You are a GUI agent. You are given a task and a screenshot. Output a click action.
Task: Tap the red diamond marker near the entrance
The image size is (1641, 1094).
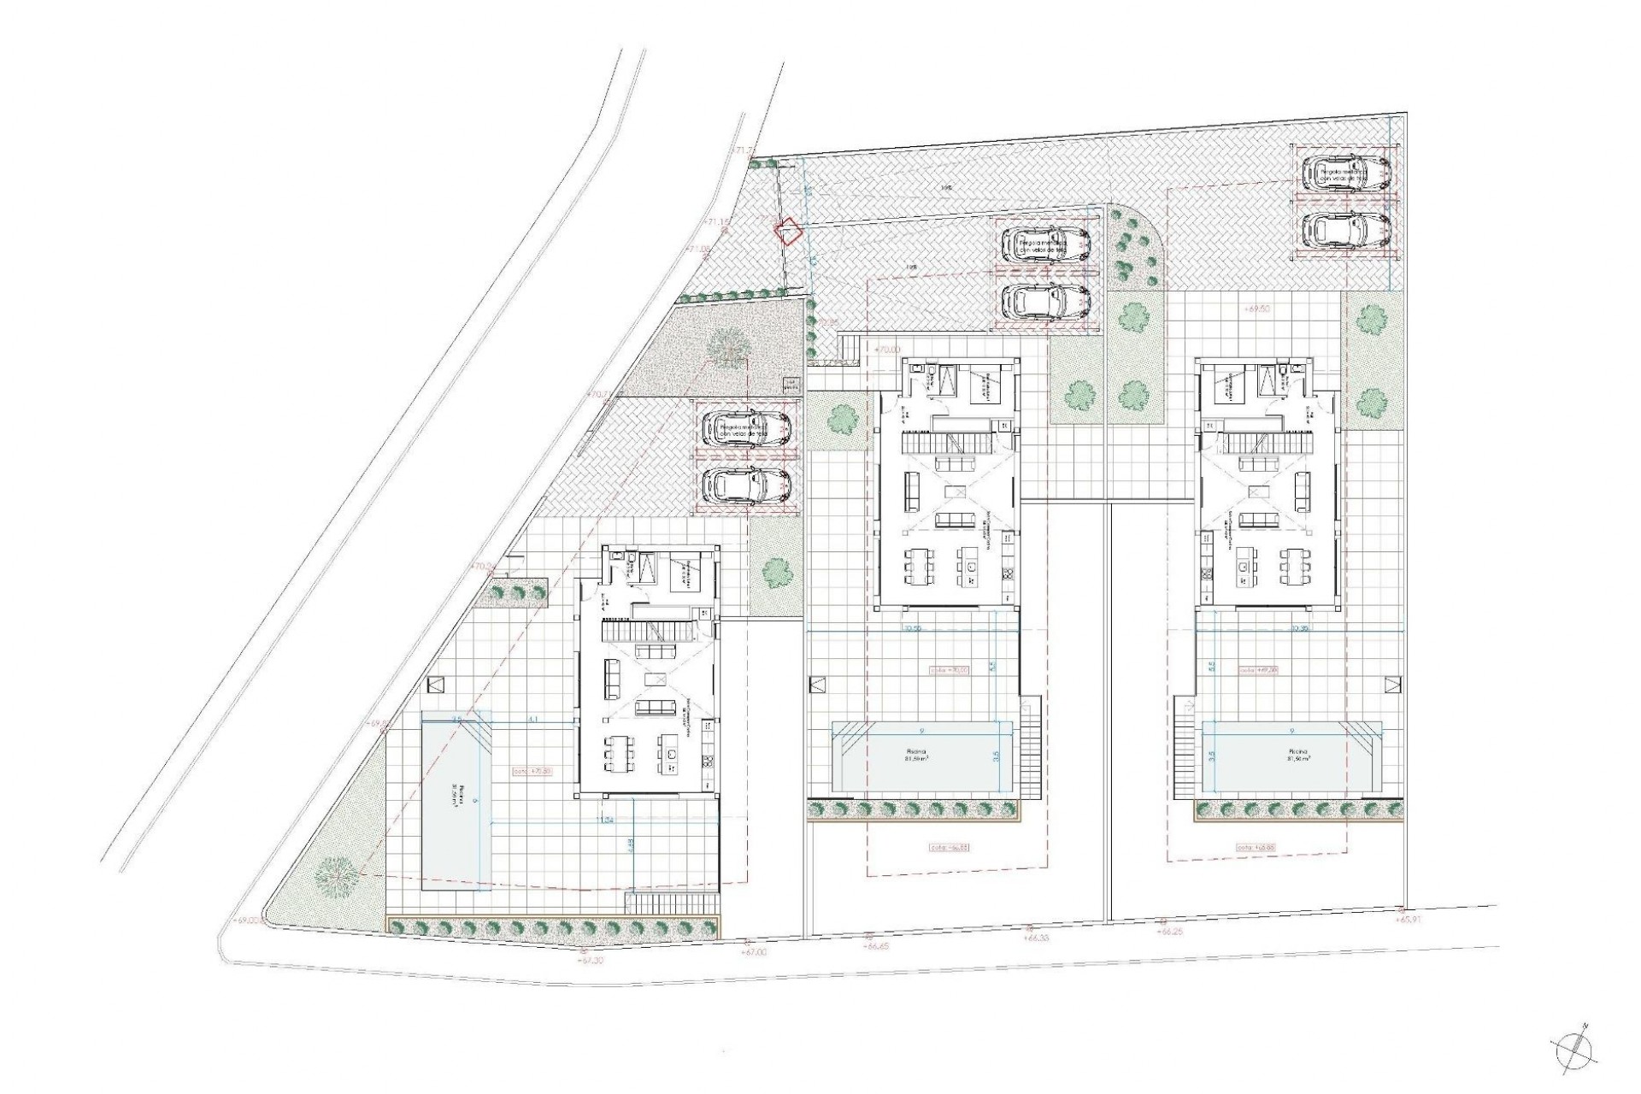pyautogui.click(x=787, y=232)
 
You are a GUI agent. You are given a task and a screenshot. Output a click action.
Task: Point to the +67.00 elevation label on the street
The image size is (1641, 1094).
pyautogui.click(x=754, y=950)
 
